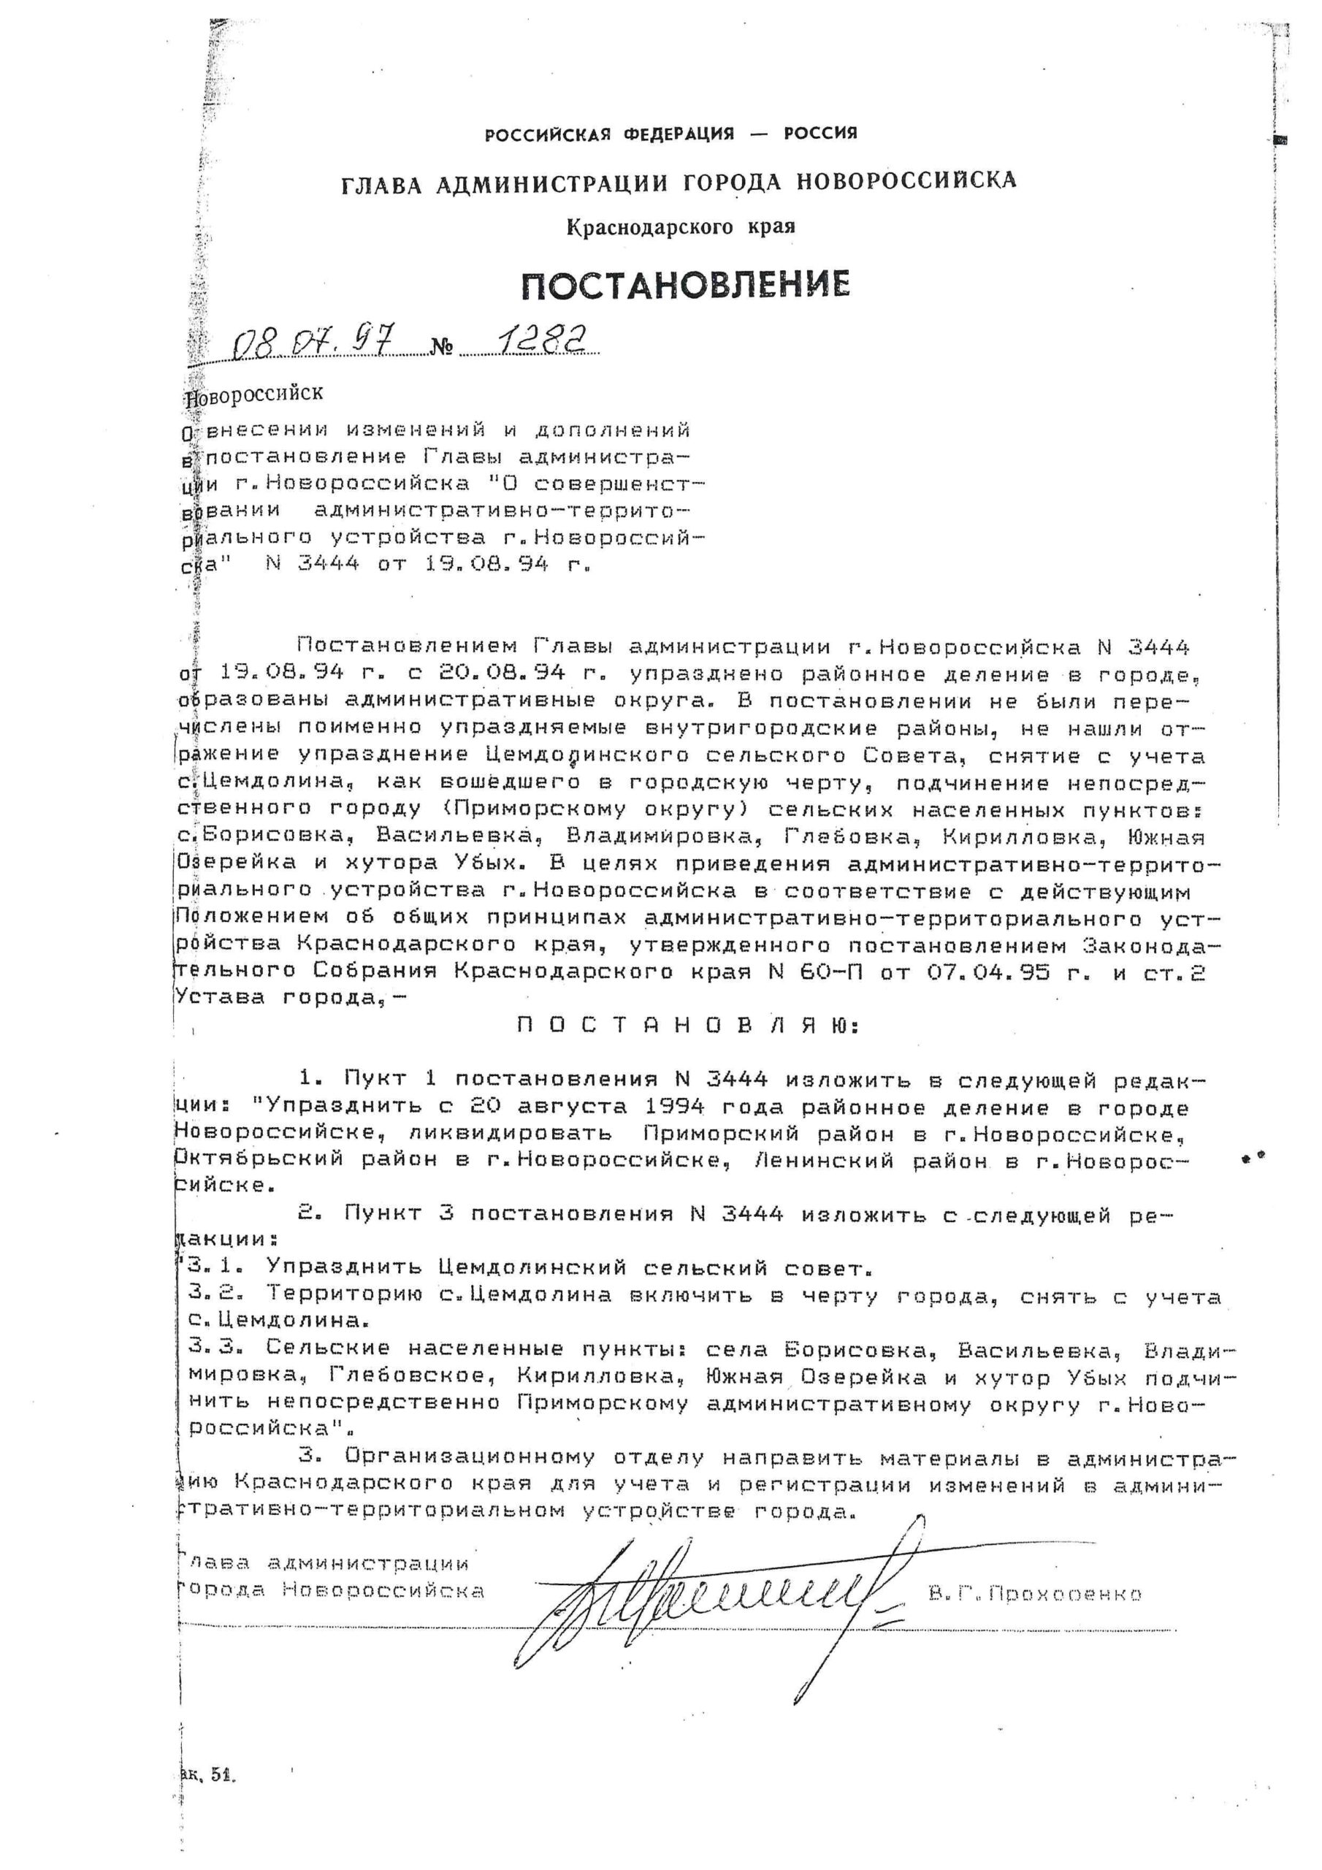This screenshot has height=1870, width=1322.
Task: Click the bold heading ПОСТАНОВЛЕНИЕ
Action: [x=685, y=284]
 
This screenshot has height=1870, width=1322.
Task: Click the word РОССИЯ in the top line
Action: [x=820, y=133]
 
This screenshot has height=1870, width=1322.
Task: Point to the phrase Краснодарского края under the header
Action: [x=680, y=226]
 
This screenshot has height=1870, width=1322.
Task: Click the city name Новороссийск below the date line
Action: [x=254, y=394]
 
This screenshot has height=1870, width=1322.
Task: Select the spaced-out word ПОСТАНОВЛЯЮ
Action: [x=688, y=1027]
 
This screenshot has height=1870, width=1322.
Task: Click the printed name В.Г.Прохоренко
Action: [x=1035, y=1594]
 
